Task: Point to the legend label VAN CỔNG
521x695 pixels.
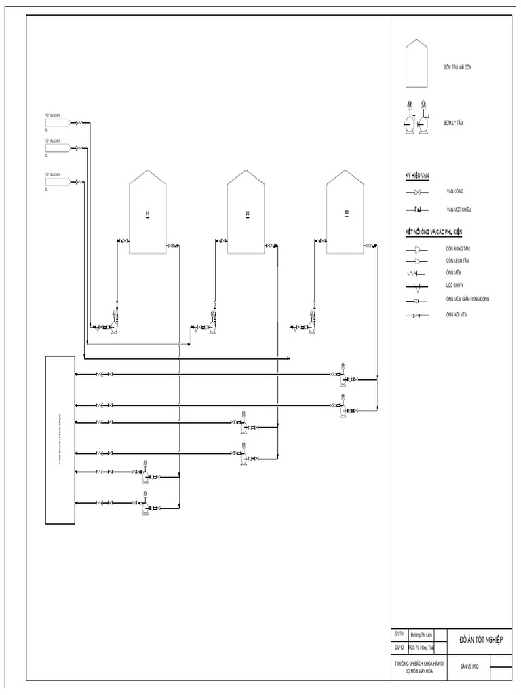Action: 455,192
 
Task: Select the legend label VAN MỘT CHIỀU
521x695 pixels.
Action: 459,210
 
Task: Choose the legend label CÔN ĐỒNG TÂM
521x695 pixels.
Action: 459,250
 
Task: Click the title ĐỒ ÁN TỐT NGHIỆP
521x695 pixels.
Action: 481,639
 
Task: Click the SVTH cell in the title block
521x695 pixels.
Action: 399,634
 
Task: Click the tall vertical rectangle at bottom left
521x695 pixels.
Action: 60,439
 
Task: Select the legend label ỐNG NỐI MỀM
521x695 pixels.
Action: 457,315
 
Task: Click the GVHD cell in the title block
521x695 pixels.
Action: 399,647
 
